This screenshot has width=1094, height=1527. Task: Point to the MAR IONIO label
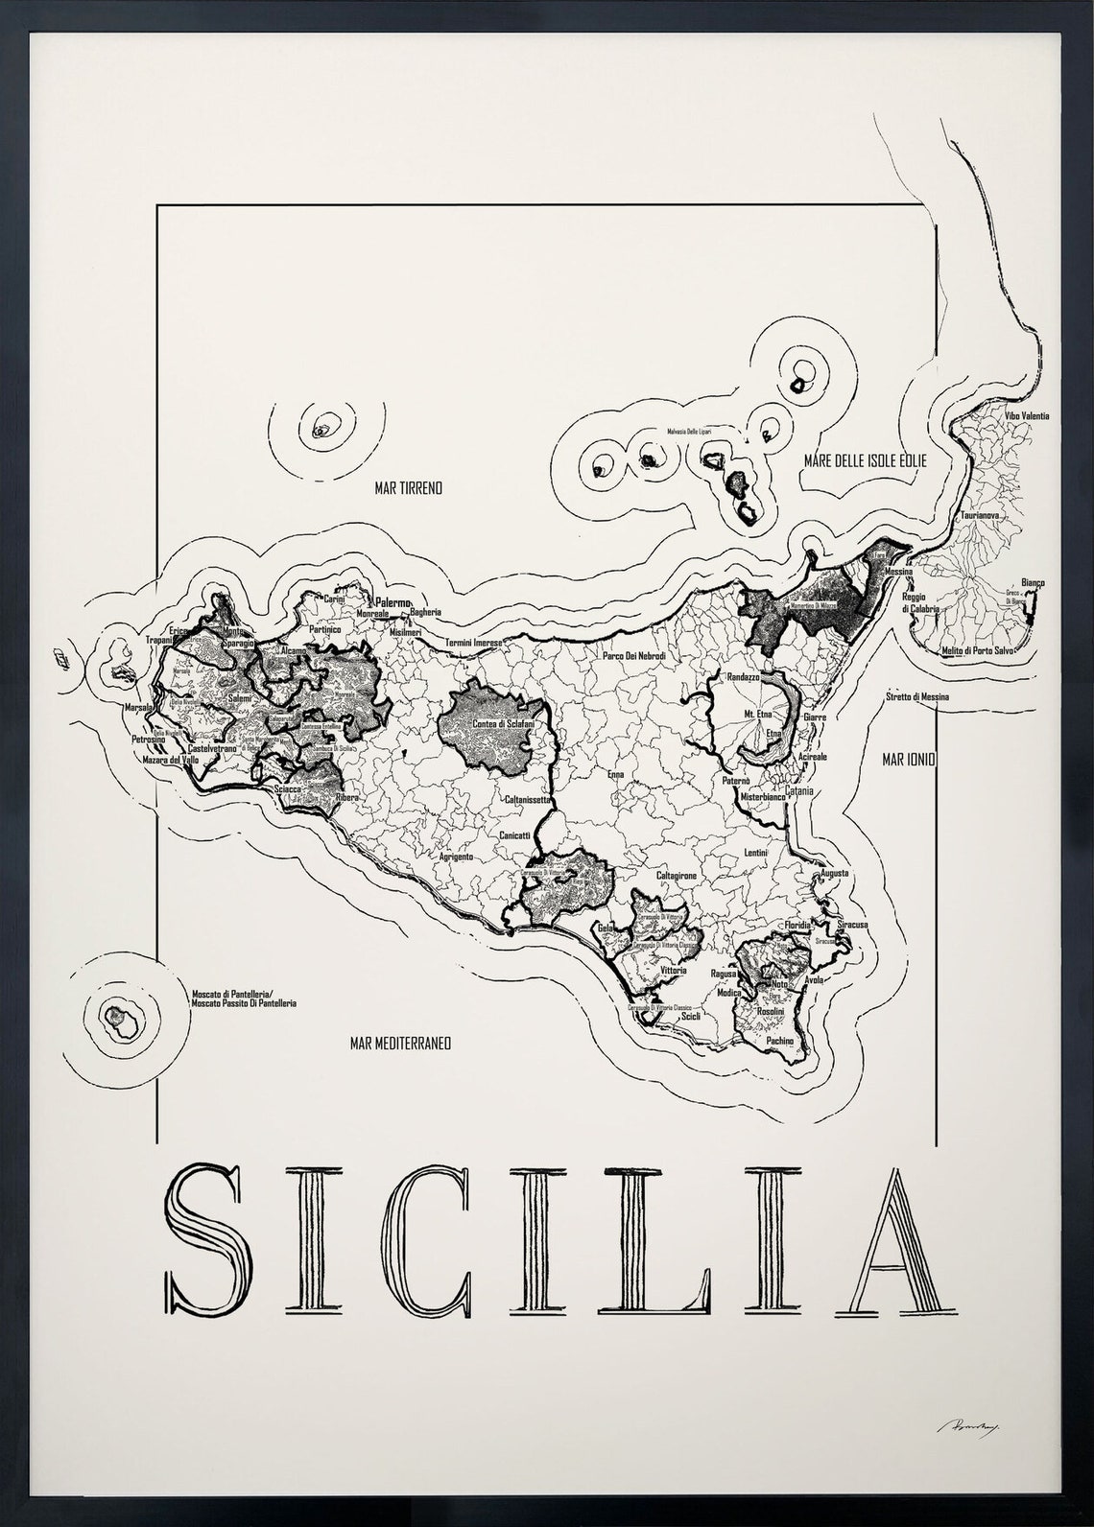(909, 760)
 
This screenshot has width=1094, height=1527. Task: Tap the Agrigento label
(456, 857)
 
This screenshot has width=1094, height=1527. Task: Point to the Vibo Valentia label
(1026, 416)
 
